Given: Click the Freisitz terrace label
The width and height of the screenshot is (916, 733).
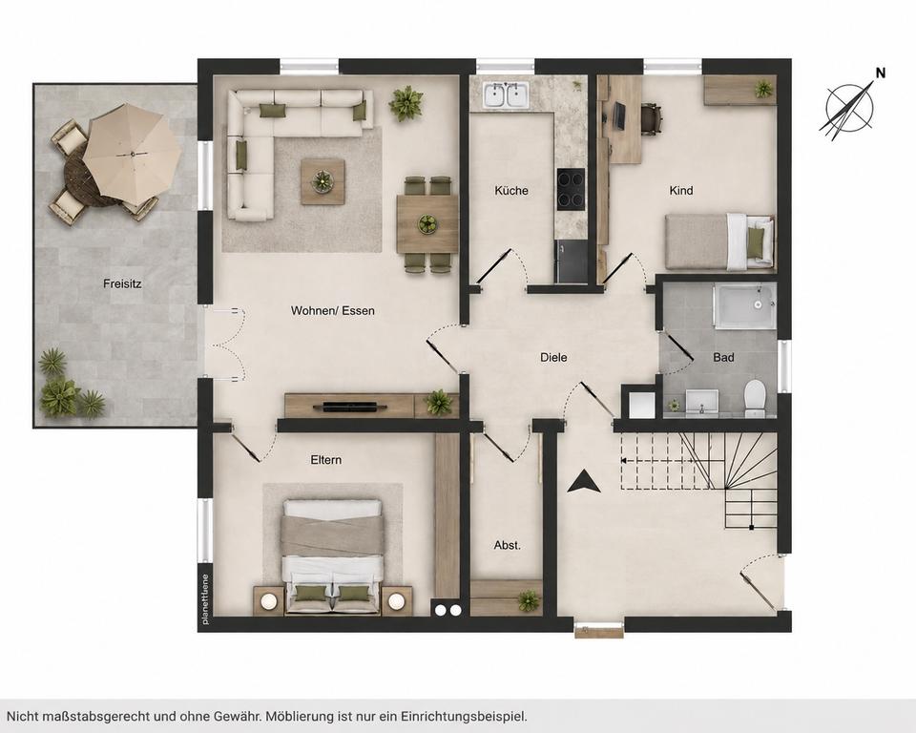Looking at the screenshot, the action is [x=122, y=284].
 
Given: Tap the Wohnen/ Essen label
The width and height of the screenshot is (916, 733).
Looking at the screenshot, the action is [x=332, y=310].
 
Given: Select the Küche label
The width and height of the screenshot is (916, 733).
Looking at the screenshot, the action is [x=511, y=191].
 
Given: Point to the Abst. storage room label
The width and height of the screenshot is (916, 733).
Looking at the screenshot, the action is [x=507, y=545].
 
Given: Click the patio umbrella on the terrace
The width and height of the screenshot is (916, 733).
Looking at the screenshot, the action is [x=132, y=155].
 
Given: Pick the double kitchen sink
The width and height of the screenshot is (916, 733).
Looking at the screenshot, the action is [x=506, y=95].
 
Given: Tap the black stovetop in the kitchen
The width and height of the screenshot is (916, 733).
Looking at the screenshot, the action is [x=571, y=189].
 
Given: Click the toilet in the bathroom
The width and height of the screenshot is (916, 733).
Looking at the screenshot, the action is [x=755, y=398].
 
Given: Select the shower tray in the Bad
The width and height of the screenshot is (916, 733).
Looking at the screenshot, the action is [x=744, y=305].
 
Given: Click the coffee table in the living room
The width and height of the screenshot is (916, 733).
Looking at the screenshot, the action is [x=323, y=181].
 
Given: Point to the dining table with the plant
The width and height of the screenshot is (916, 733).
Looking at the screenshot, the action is [x=427, y=224].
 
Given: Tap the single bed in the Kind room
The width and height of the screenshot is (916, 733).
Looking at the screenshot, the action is [x=719, y=241].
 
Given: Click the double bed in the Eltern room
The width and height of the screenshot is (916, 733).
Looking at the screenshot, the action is [x=332, y=555].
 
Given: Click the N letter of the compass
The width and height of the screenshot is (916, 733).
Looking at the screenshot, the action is [x=881, y=73].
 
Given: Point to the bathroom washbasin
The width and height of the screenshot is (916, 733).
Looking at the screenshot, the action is [x=701, y=402].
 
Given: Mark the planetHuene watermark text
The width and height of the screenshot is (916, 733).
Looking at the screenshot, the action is [x=205, y=600].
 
